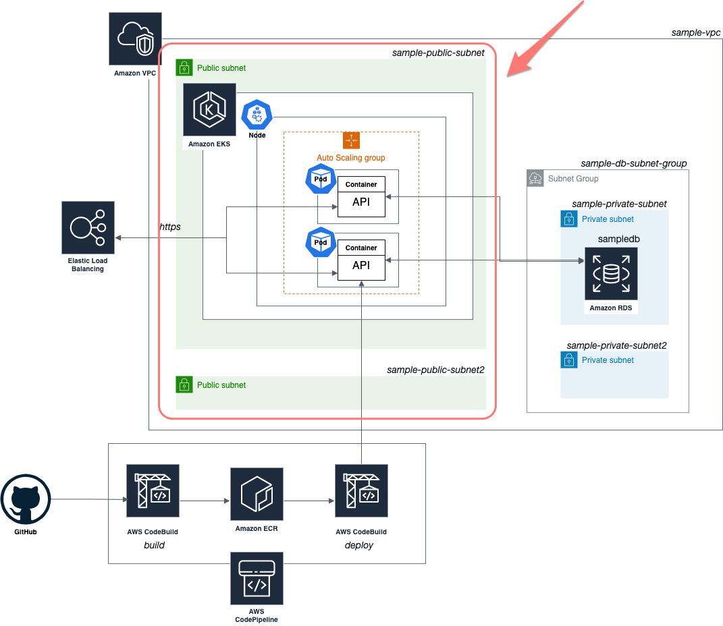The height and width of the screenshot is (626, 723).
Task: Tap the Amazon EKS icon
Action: click(209, 109)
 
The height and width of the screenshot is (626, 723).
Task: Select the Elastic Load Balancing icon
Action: click(88, 227)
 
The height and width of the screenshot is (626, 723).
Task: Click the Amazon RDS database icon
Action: click(611, 274)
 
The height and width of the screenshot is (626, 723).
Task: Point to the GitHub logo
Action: click(26, 501)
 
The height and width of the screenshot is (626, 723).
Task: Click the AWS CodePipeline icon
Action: click(257, 578)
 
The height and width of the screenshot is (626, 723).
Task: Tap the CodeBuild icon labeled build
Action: click(153, 490)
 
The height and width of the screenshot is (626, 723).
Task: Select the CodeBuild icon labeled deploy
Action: click(361, 490)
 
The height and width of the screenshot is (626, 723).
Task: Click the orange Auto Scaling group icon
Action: click(351, 140)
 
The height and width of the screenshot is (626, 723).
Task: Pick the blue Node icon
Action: click(257, 115)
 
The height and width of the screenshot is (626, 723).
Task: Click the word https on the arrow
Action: click(170, 227)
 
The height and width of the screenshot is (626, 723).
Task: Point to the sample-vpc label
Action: click(696, 32)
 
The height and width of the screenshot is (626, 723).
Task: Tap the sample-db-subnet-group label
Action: click(633, 164)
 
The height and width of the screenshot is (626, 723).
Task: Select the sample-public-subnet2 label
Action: click(435, 370)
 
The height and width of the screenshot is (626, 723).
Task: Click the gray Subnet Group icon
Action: click(535, 178)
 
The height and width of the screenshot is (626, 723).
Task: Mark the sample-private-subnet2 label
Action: click(616, 345)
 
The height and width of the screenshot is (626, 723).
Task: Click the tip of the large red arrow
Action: click(510, 74)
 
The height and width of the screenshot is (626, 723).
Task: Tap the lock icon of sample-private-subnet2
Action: click(569, 360)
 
